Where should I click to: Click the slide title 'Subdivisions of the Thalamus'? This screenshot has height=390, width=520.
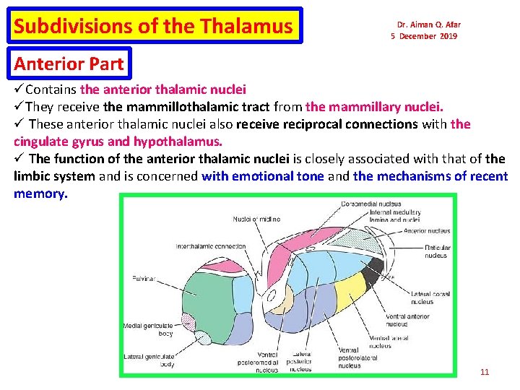(x=153, y=27)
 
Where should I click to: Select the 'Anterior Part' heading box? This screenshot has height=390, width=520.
(x=69, y=64)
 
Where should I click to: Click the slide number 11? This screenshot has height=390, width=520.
(x=484, y=372)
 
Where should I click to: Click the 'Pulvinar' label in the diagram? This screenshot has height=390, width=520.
(x=144, y=278)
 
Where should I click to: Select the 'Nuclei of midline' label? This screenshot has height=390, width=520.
(x=256, y=219)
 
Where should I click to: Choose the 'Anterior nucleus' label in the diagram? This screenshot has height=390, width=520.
(x=426, y=231)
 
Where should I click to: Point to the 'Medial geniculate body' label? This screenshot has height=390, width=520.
(x=148, y=329)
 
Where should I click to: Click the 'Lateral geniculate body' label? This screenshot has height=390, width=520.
(x=148, y=360)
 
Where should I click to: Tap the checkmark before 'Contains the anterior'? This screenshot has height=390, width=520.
(x=19, y=90)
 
